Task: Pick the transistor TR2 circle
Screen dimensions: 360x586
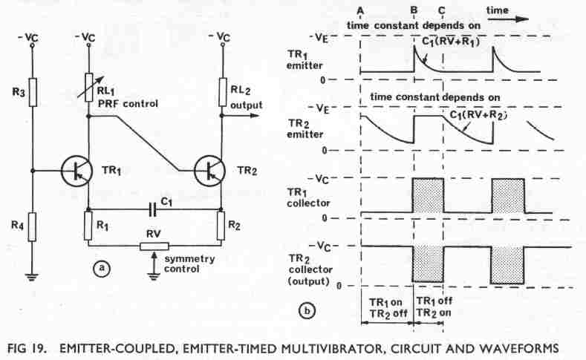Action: click(x=209, y=171)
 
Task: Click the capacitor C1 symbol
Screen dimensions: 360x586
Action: click(x=154, y=210)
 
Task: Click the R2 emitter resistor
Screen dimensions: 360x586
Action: click(x=221, y=226)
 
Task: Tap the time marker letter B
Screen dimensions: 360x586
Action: click(x=413, y=10)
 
